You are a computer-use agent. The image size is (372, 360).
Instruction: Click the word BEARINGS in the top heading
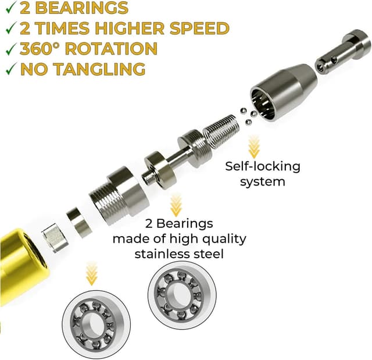pos(82,8)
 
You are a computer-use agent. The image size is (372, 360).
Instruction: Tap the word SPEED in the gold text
pos(199,28)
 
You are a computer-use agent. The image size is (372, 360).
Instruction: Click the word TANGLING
pos(99,69)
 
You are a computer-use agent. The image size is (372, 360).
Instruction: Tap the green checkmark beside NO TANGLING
pos(11,69)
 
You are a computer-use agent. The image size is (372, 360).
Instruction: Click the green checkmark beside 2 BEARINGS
pos(11,8)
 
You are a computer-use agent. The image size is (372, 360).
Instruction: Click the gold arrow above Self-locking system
pos(253,147)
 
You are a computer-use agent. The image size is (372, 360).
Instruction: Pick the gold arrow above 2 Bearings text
pos(176,205)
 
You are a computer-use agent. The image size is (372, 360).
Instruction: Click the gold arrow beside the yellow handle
pos(92,273)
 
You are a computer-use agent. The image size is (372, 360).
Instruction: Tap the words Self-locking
pos(263,166)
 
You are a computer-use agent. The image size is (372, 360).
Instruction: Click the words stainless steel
pos(179,254)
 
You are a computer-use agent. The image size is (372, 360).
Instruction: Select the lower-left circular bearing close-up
pos(96,325)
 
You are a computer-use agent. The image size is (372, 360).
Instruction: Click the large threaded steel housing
pos(119,195)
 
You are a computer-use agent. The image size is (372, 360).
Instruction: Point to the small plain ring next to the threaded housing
pos(80,222)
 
